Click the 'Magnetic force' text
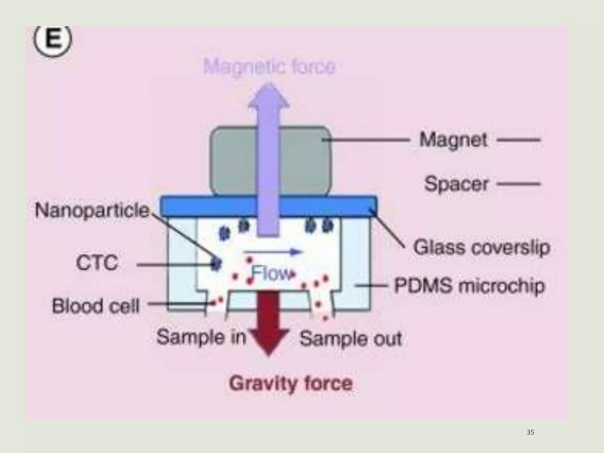point(269,67)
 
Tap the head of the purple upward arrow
point(268,96)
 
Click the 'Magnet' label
point(453,140)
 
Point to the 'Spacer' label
point(456,184)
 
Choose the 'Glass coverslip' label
point(481,247)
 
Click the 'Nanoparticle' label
point(92,211)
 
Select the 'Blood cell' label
point(96,306)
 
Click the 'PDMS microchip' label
point(470,286)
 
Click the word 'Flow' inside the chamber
point(271,274)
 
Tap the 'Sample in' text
point(201,337)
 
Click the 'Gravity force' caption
point(291,383)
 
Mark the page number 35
point(530,432)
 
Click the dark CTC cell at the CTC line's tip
point(216,263)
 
